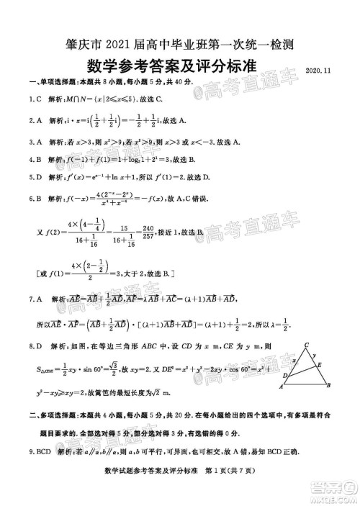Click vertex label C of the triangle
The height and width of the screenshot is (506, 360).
tap(307, 344)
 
